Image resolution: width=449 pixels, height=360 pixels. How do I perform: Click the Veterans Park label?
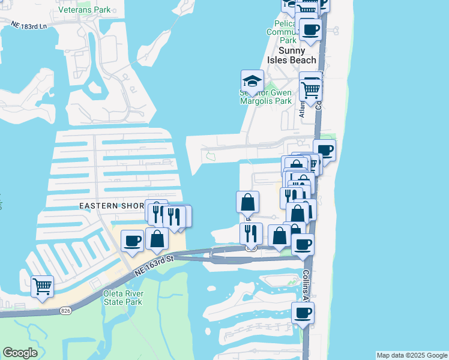85,10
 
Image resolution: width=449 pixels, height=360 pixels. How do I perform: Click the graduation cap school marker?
253,81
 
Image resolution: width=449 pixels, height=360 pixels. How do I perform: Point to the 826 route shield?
66,310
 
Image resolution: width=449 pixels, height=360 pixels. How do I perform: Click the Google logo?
20,353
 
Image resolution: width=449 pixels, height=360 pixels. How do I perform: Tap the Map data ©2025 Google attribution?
412,355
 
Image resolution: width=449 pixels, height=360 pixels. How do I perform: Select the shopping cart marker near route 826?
42,286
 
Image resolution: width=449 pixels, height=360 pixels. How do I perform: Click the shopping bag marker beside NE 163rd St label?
157,238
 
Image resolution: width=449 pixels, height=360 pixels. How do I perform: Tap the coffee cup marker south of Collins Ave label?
303,312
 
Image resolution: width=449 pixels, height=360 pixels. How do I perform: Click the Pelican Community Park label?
280,31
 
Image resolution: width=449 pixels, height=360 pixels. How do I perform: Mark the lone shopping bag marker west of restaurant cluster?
247,202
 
